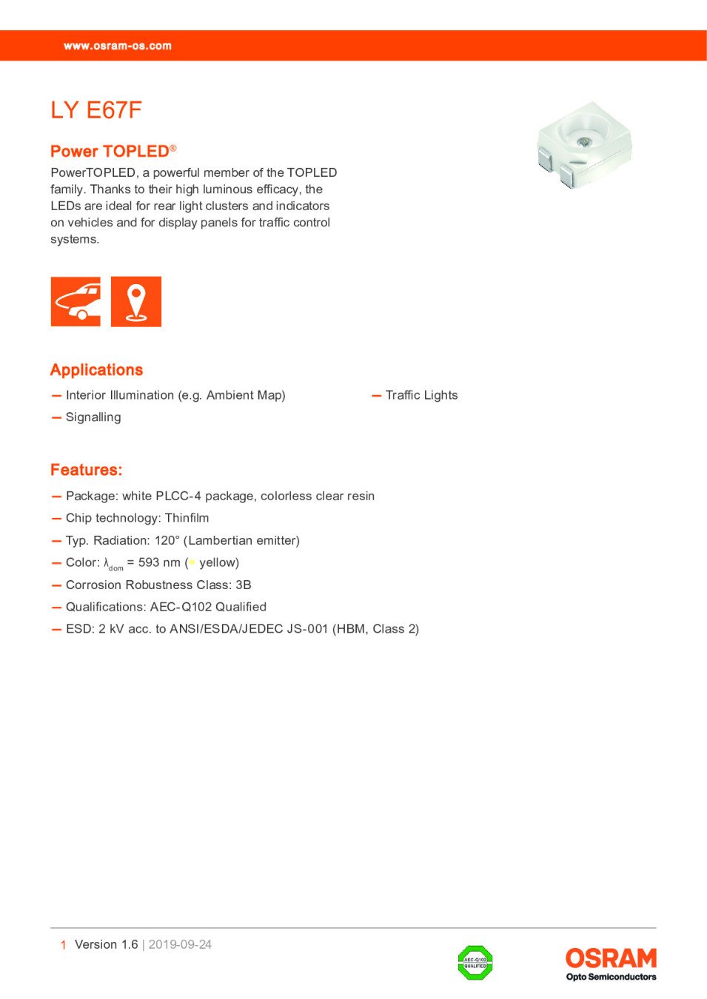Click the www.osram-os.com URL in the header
coord(117,46)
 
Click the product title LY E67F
coord(96,110)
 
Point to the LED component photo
coord(584,144)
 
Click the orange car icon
coord(76,301)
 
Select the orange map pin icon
coord(136,301)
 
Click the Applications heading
coord(96,370)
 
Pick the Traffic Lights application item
coord(421,395)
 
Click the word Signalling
coord(93,417)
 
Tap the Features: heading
coord(86,470)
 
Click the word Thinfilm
coord(187,518)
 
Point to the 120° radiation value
coord(167,540)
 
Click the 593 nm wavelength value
coord(159,562)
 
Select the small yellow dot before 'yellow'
coord(192,562)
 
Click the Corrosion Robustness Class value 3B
coord(243,585)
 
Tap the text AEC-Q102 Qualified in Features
coord(208,607)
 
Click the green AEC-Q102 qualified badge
coord(475,963)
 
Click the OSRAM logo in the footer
coord(611,959)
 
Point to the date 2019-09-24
coord(180,944)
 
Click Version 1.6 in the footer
coord(106,944)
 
